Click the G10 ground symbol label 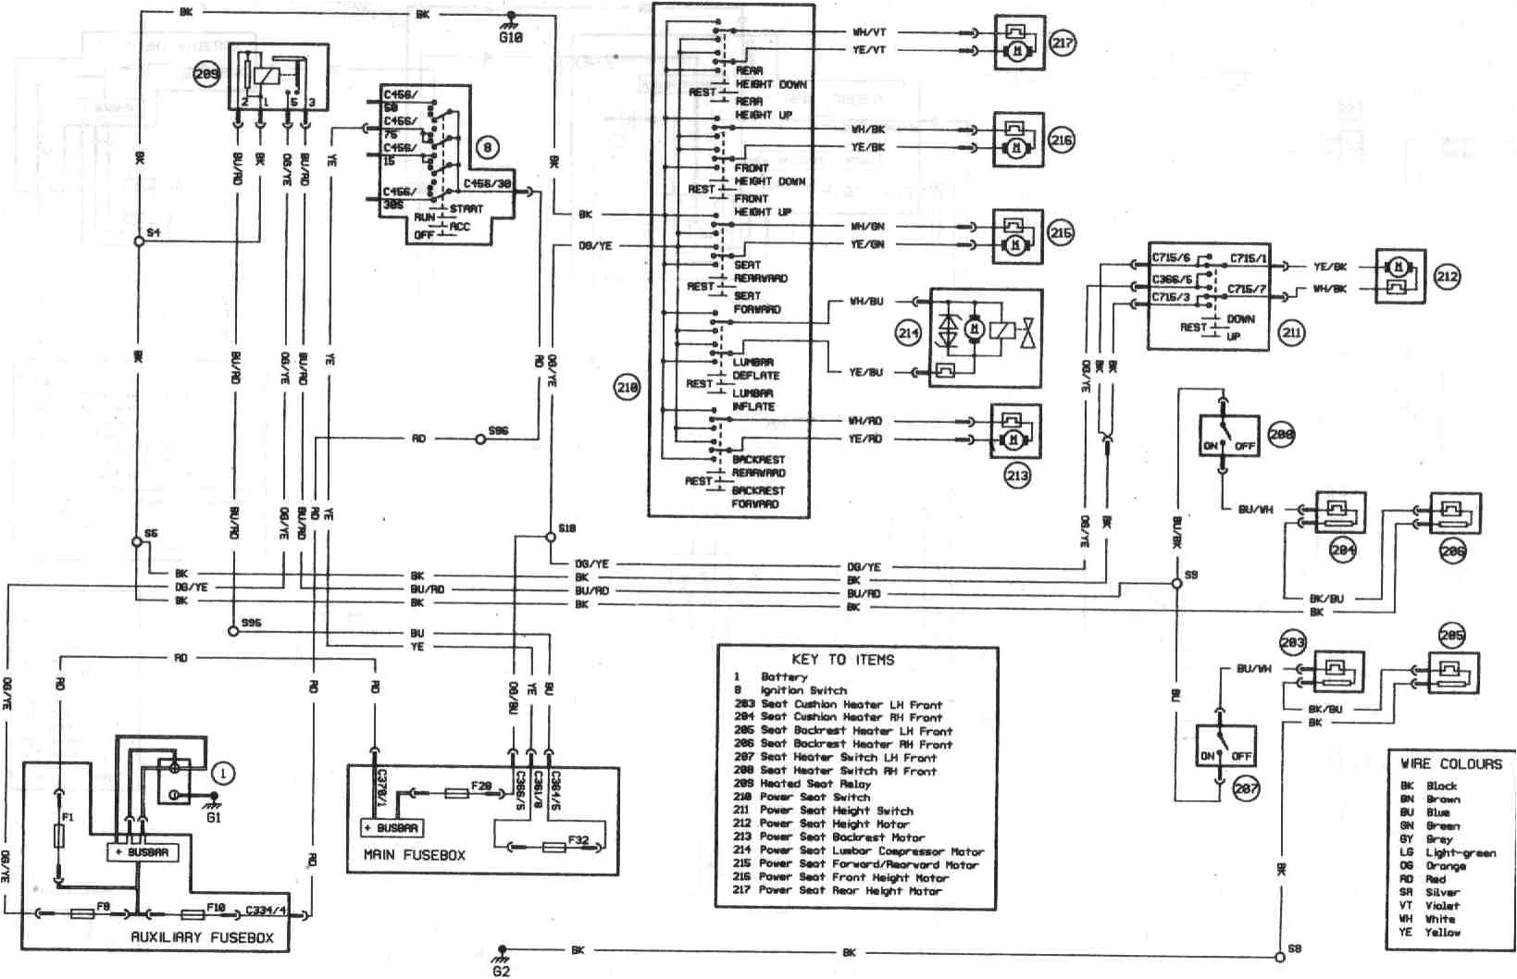click(511, 38)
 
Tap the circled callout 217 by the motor click(1063, 43)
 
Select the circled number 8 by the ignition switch click(488, 146)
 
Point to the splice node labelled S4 click(138, 241)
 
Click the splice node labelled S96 click(479, 440)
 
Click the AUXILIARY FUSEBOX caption click(202, 936)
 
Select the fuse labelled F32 click(554, 846)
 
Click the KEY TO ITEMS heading click(842, 659)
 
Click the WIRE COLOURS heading click(1449, 763)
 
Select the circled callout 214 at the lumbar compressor click(909, 333)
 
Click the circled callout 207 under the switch click(1246, 787)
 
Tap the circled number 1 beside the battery click(222, 773)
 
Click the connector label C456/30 click(487, 183)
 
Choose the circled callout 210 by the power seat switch click(627, 387)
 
